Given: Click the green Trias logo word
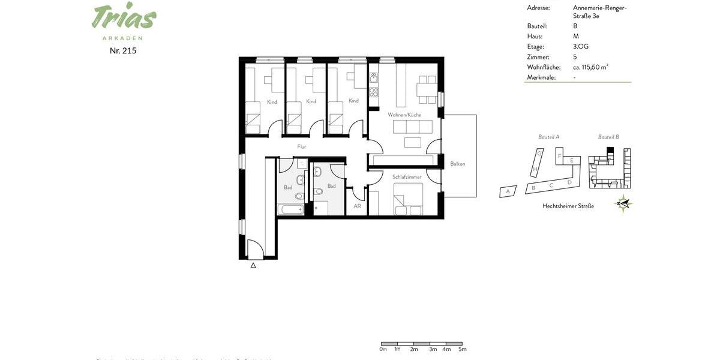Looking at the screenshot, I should click(124, 17).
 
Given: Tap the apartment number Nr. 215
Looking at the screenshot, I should click(123, 51).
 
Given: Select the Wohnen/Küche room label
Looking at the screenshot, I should click(404, 115).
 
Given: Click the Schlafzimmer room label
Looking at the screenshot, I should click(407, 177).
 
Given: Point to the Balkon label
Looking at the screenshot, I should click(458, 164).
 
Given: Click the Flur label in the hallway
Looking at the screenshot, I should click(302, 146).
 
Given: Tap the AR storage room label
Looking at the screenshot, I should click(357, 206).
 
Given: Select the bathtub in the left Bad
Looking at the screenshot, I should click(290, 209).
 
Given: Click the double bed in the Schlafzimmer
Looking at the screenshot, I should click(408, 199).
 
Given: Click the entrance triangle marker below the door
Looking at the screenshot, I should click(253, 265).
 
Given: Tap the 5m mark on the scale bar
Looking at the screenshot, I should click(462, 349).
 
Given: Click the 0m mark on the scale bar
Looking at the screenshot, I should click(383, 349).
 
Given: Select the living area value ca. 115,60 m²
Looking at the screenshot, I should click(590, 67).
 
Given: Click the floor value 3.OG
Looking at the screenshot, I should click(581, 47).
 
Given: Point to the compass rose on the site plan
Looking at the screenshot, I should click(624, 204).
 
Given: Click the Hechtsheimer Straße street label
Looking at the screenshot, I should click(568, 206).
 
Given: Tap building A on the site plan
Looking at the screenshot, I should click(508, 191).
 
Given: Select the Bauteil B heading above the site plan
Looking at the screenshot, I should click(608, 137).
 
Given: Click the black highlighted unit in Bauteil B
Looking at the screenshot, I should click(610, 150).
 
